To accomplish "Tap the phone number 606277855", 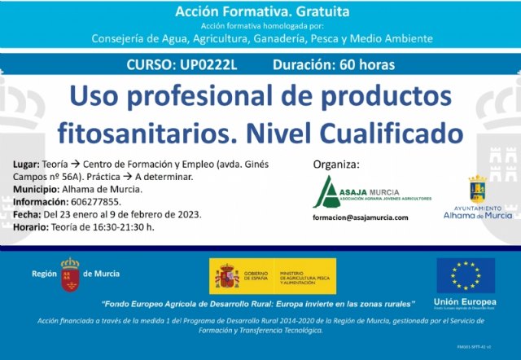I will (x=101, y=202).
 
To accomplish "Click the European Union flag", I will (x=465, y=275).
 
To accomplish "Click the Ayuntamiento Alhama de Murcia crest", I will (x=477, y=192).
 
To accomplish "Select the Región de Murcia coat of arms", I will (x=70, y=275).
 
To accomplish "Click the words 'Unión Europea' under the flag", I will (x=465, y=301).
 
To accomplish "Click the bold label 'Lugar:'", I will (x=26, y=165).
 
